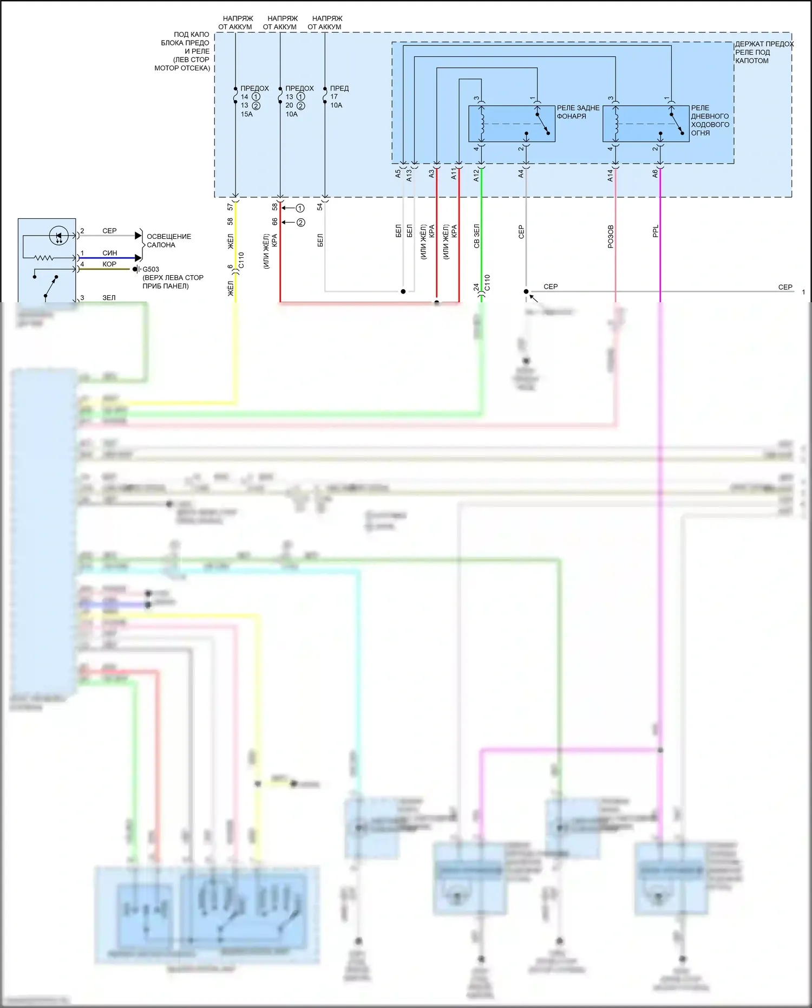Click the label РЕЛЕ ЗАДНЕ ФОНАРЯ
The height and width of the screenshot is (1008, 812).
[578, 112]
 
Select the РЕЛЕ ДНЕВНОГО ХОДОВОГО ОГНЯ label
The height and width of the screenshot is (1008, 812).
[710, 120]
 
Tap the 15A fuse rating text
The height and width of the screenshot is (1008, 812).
[246, 114]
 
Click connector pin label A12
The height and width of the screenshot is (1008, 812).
[476, 175]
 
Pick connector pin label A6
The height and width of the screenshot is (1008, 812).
[655, 173]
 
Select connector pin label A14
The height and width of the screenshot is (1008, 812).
[610, 175]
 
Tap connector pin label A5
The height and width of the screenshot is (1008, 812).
[398, 174]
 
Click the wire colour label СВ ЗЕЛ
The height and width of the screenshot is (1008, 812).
[477, 236]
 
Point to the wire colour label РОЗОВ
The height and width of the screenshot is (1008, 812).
[611, 237]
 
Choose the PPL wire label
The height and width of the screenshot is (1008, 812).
[656, 231]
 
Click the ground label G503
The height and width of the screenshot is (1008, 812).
[150, 269]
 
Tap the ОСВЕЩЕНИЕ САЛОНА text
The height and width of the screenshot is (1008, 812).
[168, 240]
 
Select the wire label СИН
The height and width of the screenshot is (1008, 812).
[109, 253]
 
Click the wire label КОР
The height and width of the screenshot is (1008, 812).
[109, 264]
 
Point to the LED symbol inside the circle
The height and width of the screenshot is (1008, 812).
[58, 236]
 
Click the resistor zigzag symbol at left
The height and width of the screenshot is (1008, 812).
[44, 258]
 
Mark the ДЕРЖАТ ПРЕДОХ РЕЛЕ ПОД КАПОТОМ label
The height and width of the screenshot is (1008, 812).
[763, 52]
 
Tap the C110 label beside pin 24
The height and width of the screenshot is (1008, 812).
[487, 283]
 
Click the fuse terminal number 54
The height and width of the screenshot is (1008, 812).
[320, 207]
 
